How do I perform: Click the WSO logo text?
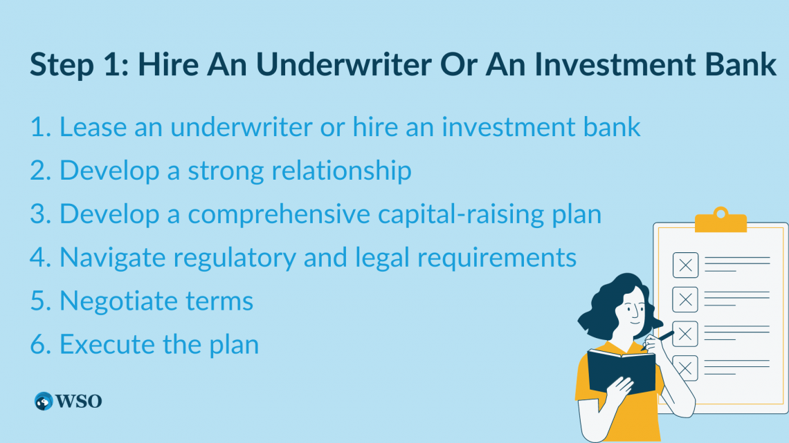79,402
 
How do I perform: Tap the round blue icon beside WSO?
44,402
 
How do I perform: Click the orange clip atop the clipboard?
720,220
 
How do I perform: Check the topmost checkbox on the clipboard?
685,265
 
